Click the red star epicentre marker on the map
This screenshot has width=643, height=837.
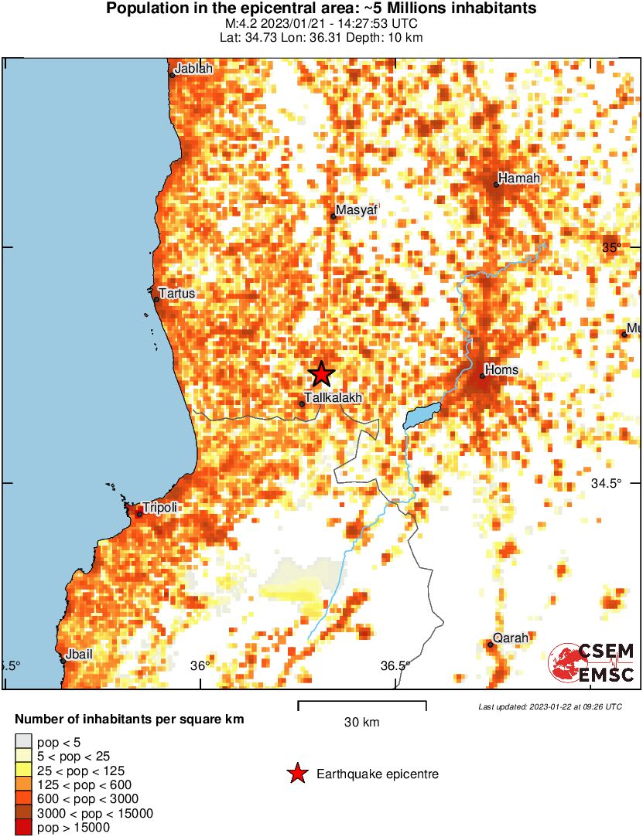click(321, 374)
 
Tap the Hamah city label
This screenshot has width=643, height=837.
click(518, 179)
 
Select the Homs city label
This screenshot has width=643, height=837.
click(501, 370)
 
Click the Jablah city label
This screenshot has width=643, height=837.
click(193, 69)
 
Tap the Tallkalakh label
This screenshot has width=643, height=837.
click(333, 397)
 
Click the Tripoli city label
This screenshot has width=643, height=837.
click(160, 507)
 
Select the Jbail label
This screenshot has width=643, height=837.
click(79, 654)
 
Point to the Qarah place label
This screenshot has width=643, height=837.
click(511, 638)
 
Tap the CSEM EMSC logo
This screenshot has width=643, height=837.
click(592, 662)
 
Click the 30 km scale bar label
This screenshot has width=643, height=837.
click(361, 723)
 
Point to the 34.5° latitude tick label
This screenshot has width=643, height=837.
click(606, 483)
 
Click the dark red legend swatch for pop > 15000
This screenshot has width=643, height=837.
click(23, 828)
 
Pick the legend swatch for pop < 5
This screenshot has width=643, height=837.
click(23, 742)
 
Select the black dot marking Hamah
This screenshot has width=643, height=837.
click(496, 185)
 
